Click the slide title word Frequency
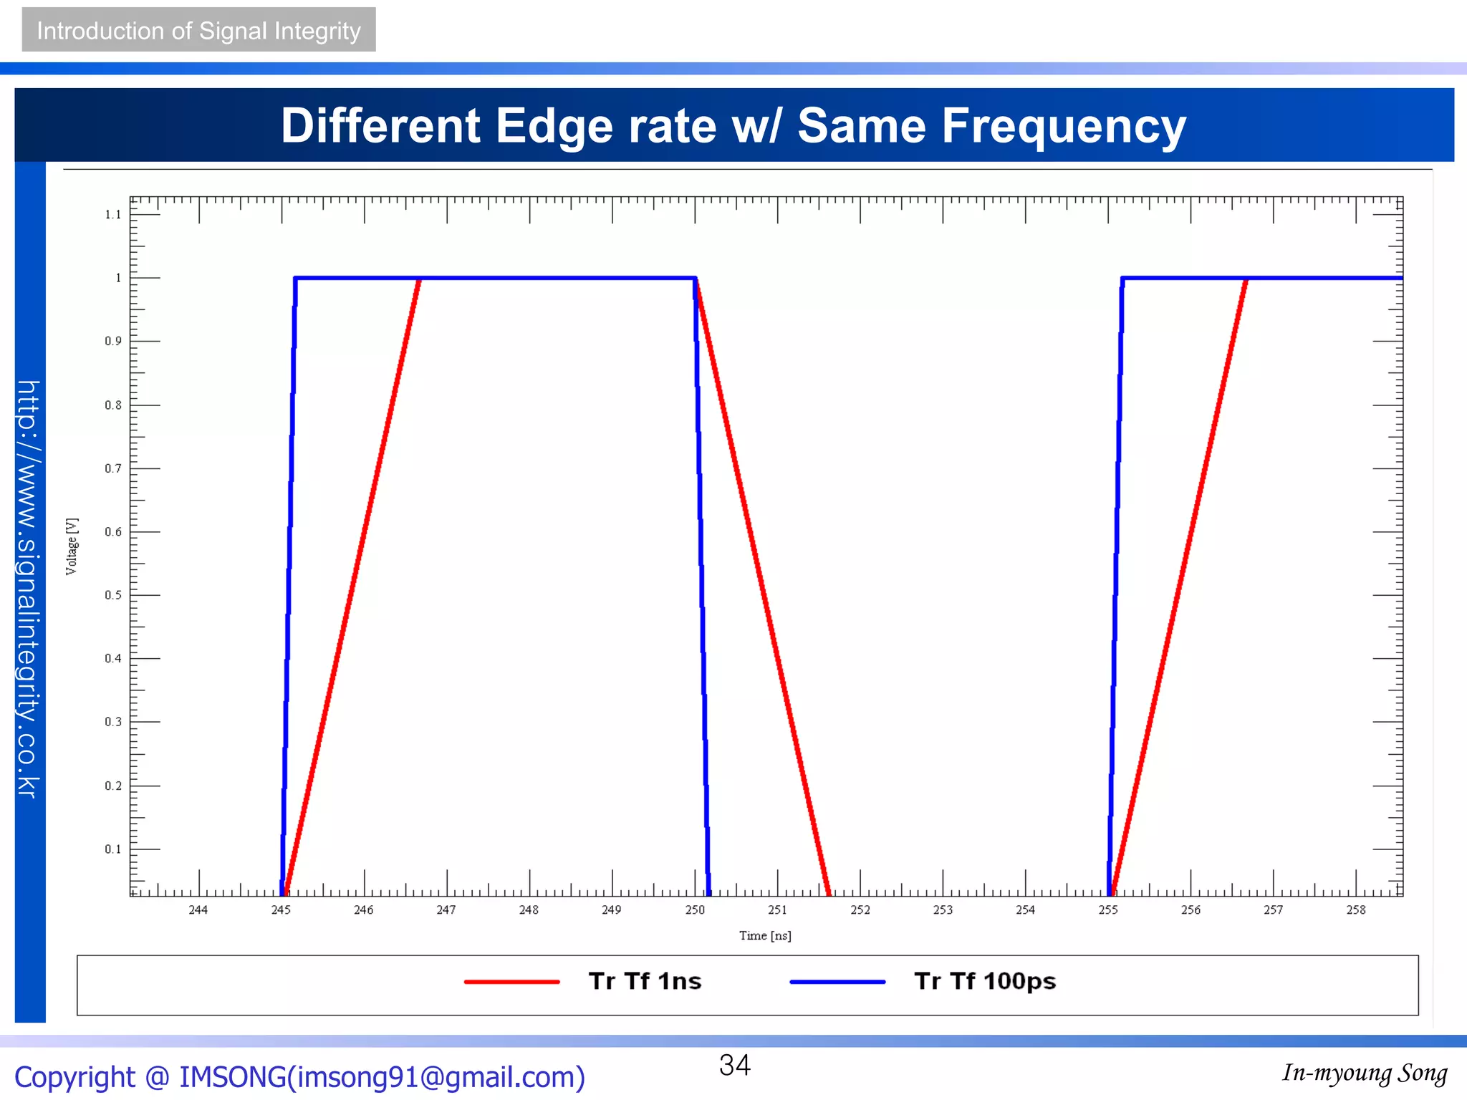(x=1063, y=126)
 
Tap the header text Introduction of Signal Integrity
(x=198, y=31)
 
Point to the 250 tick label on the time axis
(x=694, y=910)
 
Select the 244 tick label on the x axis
(x=198, y=910)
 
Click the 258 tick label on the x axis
(x=1355, y=910)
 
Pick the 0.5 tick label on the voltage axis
(x=112, y=595)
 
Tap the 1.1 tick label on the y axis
(x=112, y=214)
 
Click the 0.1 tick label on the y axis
(x=112, y=849)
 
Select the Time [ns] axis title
(x=765, y=935)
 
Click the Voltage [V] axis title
(x=72, y=546)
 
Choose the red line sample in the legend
(x=511, y=982)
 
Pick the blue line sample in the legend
(x=837, y=982)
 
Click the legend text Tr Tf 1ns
(x=645, y=981)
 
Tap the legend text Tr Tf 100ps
(x=985, y=981)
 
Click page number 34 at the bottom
(x=734, y=1065)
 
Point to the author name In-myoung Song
(x=1364, y=1073)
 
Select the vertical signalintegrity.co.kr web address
(x=29, y=589)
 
